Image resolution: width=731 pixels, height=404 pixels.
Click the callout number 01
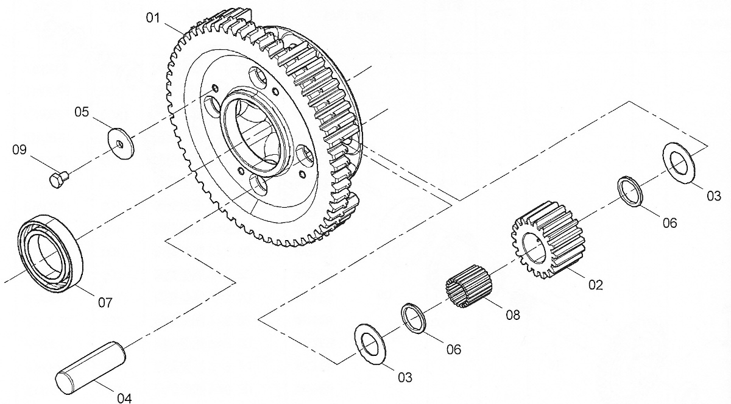153,18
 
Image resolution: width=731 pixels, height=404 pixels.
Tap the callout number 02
596,285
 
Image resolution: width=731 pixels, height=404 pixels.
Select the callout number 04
125,398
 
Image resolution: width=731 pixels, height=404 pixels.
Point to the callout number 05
82,112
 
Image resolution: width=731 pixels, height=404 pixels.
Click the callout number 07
105,303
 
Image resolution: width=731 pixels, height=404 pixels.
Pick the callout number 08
513,315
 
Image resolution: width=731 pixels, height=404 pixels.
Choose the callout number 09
19,150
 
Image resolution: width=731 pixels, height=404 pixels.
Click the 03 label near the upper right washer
714,196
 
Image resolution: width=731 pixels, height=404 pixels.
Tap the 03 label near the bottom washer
405,377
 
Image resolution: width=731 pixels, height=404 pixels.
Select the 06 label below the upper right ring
670,223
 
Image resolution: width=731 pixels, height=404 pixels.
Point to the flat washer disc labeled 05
121,143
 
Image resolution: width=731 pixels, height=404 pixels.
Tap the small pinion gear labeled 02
548,240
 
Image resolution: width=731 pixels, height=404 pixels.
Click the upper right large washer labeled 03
679,163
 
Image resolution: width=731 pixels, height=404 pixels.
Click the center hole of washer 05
121,144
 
